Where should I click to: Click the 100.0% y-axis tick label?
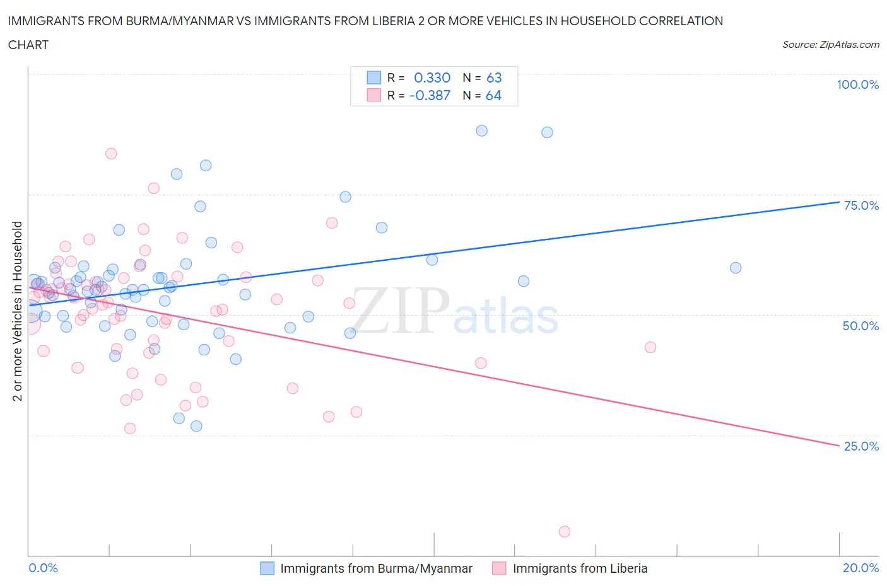click(x=857, y=84)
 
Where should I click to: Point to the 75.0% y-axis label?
click(x=861, y=205)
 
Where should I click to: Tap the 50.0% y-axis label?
click(x=861, y=326)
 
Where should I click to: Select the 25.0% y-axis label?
click(x=861, y=446)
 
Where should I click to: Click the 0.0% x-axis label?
click(x=43, y=568)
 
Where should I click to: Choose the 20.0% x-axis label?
click(x=861, y=568)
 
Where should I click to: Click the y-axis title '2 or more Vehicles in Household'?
click(x=18, y=311)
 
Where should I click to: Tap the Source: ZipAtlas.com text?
click(x=830, y=45)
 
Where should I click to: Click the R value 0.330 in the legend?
click(x=432, y=78)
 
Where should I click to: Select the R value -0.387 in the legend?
click(x=429, y=95)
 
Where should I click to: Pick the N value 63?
click(x=494, y=78)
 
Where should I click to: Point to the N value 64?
click(x=493, y=95)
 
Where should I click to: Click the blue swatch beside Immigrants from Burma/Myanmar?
click(x=267, y=568)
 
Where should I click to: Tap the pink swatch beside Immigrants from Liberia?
click(x=500, y=568)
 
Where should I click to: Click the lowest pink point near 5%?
click(x=565, y=532)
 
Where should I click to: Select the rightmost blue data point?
click(x=736, y=268)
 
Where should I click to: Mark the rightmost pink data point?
click(x=650, y=347)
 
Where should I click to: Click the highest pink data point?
click(x=111, y=154)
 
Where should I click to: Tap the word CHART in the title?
click(x=28, y=45)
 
